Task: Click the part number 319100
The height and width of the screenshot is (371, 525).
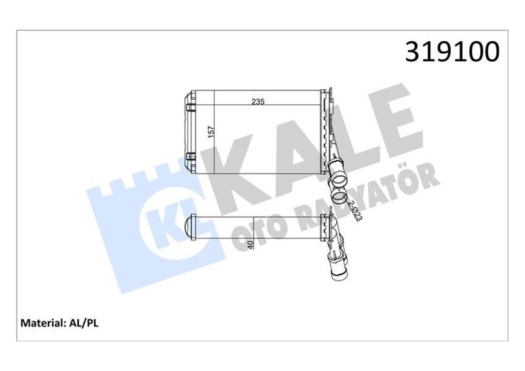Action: click(452, 51)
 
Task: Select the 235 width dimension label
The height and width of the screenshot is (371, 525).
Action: click(259, 102)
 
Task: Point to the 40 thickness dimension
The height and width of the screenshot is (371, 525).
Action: click(250, 246)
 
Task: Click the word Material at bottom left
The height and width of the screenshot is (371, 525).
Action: click(43, 322)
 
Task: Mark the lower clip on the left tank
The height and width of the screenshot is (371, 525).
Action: click(190, 156)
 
